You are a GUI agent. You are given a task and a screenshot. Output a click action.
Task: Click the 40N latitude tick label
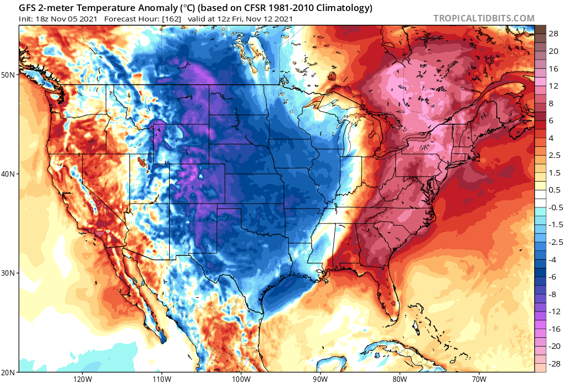click(9, 173)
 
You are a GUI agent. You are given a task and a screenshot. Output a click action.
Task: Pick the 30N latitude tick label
click(9, 273)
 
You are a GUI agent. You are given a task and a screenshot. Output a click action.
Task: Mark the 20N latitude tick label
click(9, 372)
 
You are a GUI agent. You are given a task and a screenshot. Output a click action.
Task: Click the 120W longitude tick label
click(82, 379)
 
